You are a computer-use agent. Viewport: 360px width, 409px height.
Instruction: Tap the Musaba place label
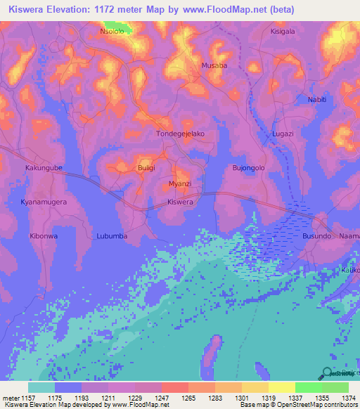(x=214, y=65)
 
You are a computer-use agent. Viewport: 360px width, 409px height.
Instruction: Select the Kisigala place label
(x=284, y=32)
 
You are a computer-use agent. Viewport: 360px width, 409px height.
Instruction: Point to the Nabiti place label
(x=317, y=99)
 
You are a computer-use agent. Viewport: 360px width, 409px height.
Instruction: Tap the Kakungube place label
(x=44, y=169)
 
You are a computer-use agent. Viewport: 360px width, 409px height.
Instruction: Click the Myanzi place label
(x=181, y=183)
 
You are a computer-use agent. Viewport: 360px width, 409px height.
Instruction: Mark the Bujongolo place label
(x=248, y=168)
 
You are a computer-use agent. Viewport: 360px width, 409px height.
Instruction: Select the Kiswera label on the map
(x=180, y=202)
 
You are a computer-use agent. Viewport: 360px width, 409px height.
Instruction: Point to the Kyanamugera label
(x=43, y=202)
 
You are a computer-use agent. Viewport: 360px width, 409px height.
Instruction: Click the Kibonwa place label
(x=44, y=236)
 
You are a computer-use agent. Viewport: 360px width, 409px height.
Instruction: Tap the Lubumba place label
(x=112, y=236)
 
